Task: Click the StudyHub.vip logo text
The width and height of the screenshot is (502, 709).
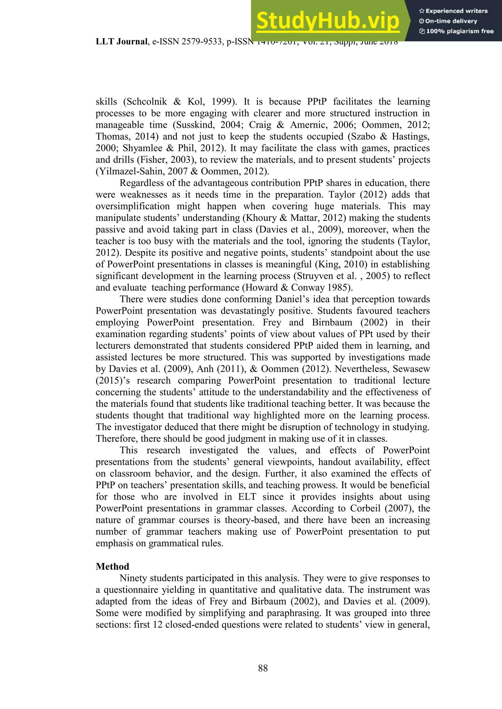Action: pyautogui.click(x=328, y=21)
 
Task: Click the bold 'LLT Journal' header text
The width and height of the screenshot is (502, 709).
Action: pyautogui.click(x=121, y=42)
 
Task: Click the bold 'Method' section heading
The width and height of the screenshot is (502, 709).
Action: pyautogui.click(x=112, y=566)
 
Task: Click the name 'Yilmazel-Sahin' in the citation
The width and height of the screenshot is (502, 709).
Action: pyautogui.click(x=132, y=171)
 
